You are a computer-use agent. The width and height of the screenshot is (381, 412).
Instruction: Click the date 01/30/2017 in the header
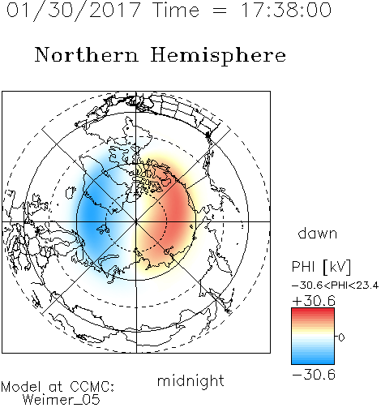pyautogui.click(x=73, y=11)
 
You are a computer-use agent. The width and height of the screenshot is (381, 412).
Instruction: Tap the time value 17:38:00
pyautogui.click(x=285, y=10)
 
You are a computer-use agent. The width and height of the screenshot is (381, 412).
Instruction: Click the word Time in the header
pyautogui.click(x=176, y=10)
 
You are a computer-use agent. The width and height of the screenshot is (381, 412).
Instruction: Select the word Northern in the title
pyautogui.click(x=87, y=54)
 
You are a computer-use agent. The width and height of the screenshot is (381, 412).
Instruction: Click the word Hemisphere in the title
pyautogui.click(x=218, y=56)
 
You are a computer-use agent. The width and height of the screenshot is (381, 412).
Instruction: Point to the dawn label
pyautogui.click(x=318, y=234)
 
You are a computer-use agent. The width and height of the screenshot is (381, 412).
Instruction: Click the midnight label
pyautogui.click(x=190, y=380)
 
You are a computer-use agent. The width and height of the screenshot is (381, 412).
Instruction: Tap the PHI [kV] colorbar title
pyautogui.click(x=321, y=267)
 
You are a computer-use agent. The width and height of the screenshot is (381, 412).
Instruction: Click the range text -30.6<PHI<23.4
pyautogui.click(x=335, y=285)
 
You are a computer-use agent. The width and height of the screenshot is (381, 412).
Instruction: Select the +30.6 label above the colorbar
pyautogui.click(x=314, y=301)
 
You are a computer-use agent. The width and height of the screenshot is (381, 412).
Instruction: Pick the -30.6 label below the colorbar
pyautogui.click(x=314, y=375)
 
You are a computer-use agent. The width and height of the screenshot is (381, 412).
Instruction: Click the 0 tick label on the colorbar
pyautogui.click(x=341, y=337)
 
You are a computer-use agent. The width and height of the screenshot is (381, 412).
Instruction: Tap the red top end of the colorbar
pyautogui.click(x=313, y=310)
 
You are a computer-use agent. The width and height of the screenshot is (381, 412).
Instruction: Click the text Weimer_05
pyautogui.click(x=61, y=400)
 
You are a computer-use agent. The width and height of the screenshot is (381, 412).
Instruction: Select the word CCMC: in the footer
pyautogui.click(x=92, y=387)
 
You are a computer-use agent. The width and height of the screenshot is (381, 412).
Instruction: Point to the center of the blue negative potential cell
pyautogui.click(x=91, y=213)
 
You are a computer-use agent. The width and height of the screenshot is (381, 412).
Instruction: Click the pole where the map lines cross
pyautogui.click(x=136, y=221)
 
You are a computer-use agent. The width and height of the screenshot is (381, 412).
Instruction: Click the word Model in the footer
pyautogui.click(x=21, y=387)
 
